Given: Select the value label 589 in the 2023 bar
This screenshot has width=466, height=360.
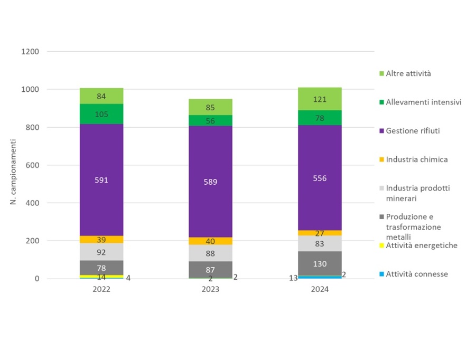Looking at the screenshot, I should point(210,182).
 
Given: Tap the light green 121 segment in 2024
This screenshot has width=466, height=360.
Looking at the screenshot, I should point(320,99).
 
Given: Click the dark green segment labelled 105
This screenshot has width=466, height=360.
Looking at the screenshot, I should point(101,114).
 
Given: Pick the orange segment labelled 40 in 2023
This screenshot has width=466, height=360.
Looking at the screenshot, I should point(210,241).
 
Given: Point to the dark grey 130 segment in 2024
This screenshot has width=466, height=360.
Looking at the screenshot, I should point(320,263).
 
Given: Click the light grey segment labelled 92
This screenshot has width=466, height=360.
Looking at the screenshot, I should point(101,252).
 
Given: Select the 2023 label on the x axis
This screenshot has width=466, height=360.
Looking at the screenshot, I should point(210,289).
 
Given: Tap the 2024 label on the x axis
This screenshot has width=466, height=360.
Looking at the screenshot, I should point(320,289).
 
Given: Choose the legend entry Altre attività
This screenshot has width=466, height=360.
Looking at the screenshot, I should point(408,73).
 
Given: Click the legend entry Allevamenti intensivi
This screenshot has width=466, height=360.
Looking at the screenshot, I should point(423,102).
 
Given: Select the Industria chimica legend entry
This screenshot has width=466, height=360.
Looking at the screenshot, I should point(416,159).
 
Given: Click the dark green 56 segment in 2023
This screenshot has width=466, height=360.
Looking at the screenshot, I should point(210,120).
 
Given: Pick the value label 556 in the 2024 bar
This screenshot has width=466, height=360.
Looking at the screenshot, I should point(320,178).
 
